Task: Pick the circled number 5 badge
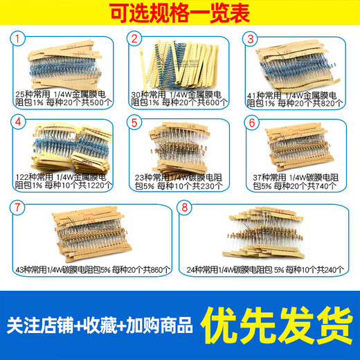(135, 122)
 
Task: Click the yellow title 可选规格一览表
(179, 13)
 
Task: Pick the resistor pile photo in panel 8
(267, 235)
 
